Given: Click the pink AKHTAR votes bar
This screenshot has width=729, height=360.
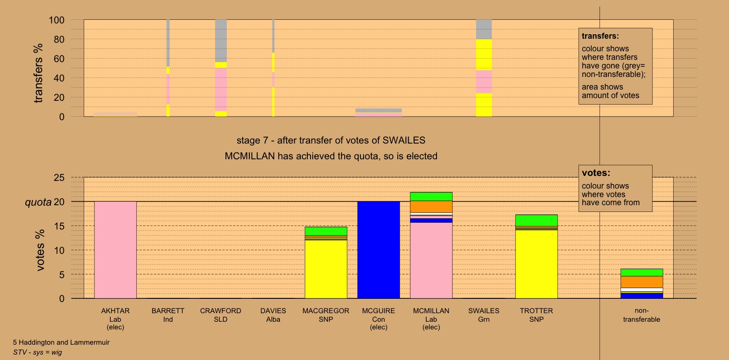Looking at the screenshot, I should [115, 250].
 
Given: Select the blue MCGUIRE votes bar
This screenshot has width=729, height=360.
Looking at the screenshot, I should [378, 250].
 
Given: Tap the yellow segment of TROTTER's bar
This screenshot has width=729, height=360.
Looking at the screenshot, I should [536, 264].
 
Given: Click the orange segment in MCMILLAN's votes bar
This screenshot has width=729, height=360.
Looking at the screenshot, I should [431, 207].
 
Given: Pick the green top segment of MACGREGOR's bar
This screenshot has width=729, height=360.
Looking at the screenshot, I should [326, 231].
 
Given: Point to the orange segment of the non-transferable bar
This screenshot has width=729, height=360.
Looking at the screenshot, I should [642, 282].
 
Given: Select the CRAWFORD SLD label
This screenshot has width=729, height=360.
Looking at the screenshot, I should [220, 315].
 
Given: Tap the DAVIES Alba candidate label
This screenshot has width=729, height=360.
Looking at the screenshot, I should [273, 315].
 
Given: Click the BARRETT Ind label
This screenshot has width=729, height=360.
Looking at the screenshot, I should [168, 315].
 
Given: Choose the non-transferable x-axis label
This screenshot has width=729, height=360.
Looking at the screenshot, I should [642, 315].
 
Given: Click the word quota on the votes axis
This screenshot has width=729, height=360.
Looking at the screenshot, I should [38, 202].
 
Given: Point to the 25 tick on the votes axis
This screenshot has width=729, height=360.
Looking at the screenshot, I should [59, 178].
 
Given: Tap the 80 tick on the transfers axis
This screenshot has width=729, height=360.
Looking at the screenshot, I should [59, 40].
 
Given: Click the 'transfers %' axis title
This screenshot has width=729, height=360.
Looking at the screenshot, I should [38, 73].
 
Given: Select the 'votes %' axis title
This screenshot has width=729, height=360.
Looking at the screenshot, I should [40, 250].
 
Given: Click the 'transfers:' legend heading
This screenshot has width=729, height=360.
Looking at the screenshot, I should [600, 36].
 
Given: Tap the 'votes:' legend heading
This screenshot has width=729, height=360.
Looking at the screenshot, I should [596, 173].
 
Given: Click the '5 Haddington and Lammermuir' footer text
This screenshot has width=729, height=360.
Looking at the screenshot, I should [61, 342].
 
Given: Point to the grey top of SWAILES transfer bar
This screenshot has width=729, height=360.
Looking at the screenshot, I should [484, 29].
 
